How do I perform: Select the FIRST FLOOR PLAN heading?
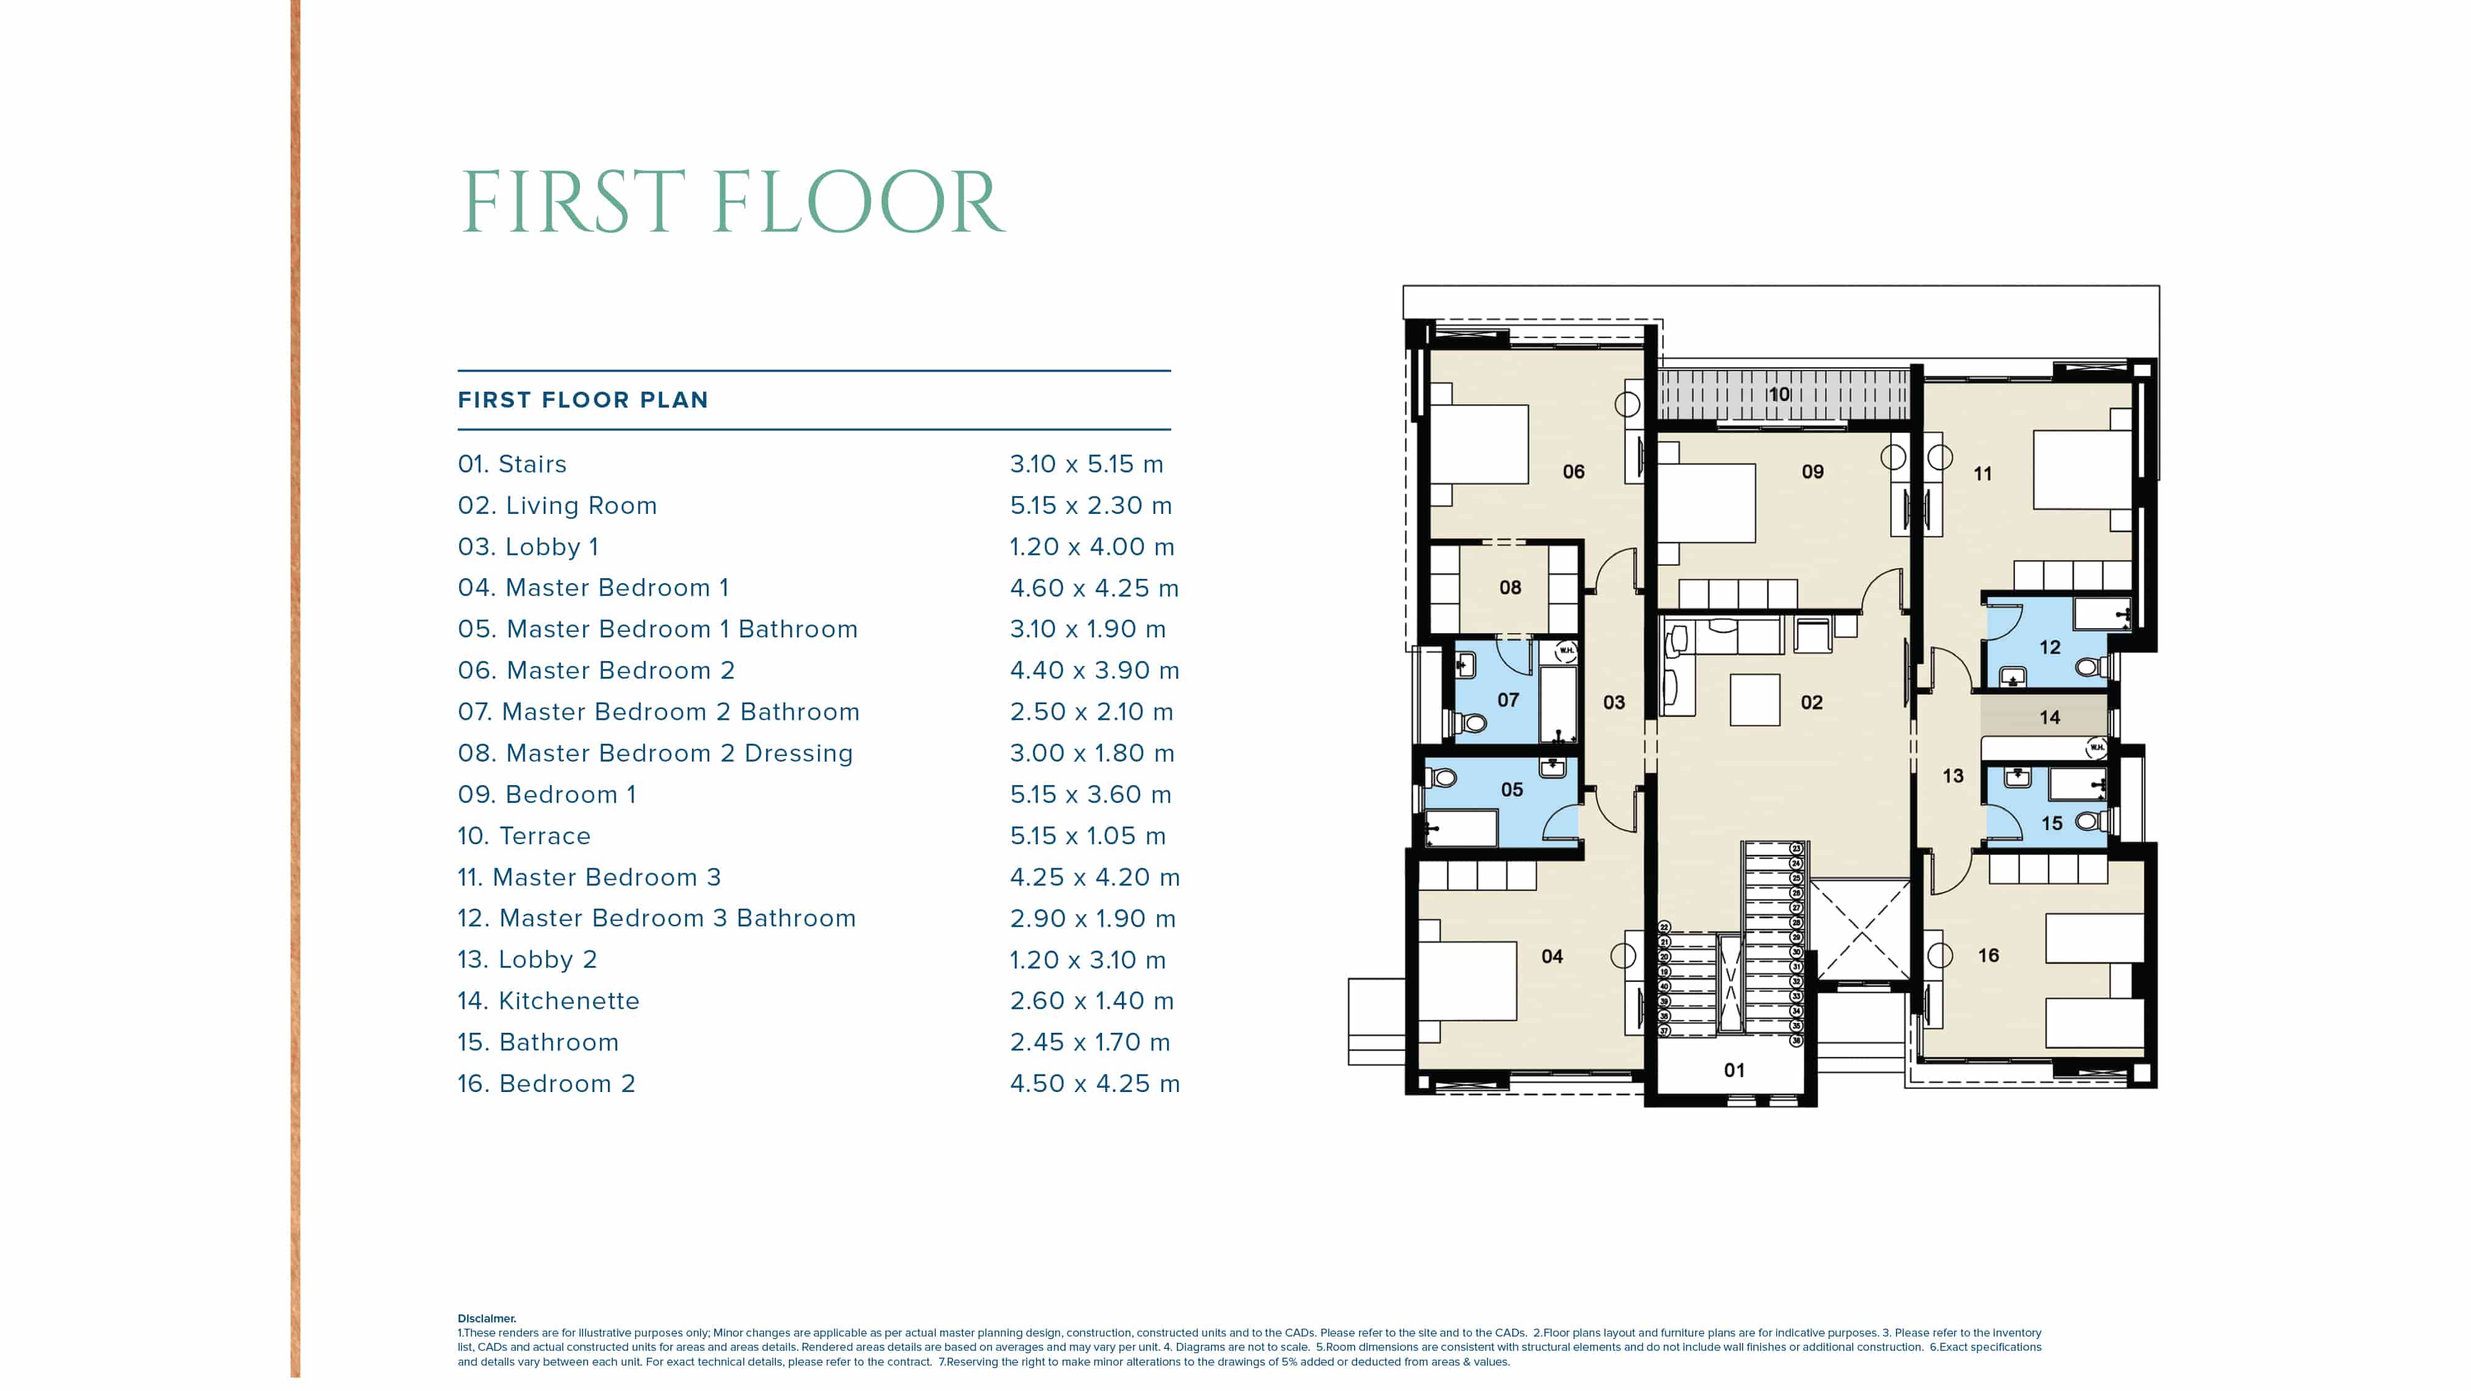(583, 400)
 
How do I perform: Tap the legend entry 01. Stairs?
(512, 464)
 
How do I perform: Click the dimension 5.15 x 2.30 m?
(1091, 505)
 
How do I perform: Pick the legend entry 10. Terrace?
(524, 836)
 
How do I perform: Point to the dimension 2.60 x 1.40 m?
(1092, 1001)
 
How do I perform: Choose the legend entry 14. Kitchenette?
(549, 1001)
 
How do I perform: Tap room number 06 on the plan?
(1573, 472)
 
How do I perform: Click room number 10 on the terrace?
(1779, 394)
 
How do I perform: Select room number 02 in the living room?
(1811, 702)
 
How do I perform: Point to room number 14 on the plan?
(2050, 718)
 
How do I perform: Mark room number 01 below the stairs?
(1734, 1070)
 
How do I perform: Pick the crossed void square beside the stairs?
(1861, 931)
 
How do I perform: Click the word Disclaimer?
(486, 1319)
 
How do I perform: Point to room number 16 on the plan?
(1989, 956)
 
